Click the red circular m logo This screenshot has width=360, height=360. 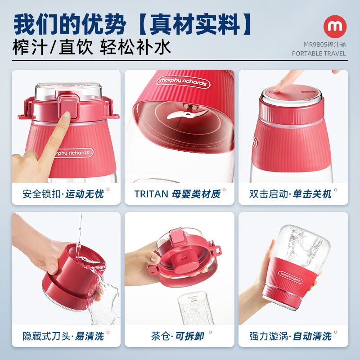point(334,27)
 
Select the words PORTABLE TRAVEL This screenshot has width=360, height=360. point(319,54)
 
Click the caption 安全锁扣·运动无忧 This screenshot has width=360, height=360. point(63,194)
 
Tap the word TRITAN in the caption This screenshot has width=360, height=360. point(151,194)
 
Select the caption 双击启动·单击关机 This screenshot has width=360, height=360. point(290,194)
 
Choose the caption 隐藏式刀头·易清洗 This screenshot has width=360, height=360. point(63,336)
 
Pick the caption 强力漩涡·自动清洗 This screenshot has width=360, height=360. point(290,336)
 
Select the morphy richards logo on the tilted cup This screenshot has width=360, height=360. point(182,83)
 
